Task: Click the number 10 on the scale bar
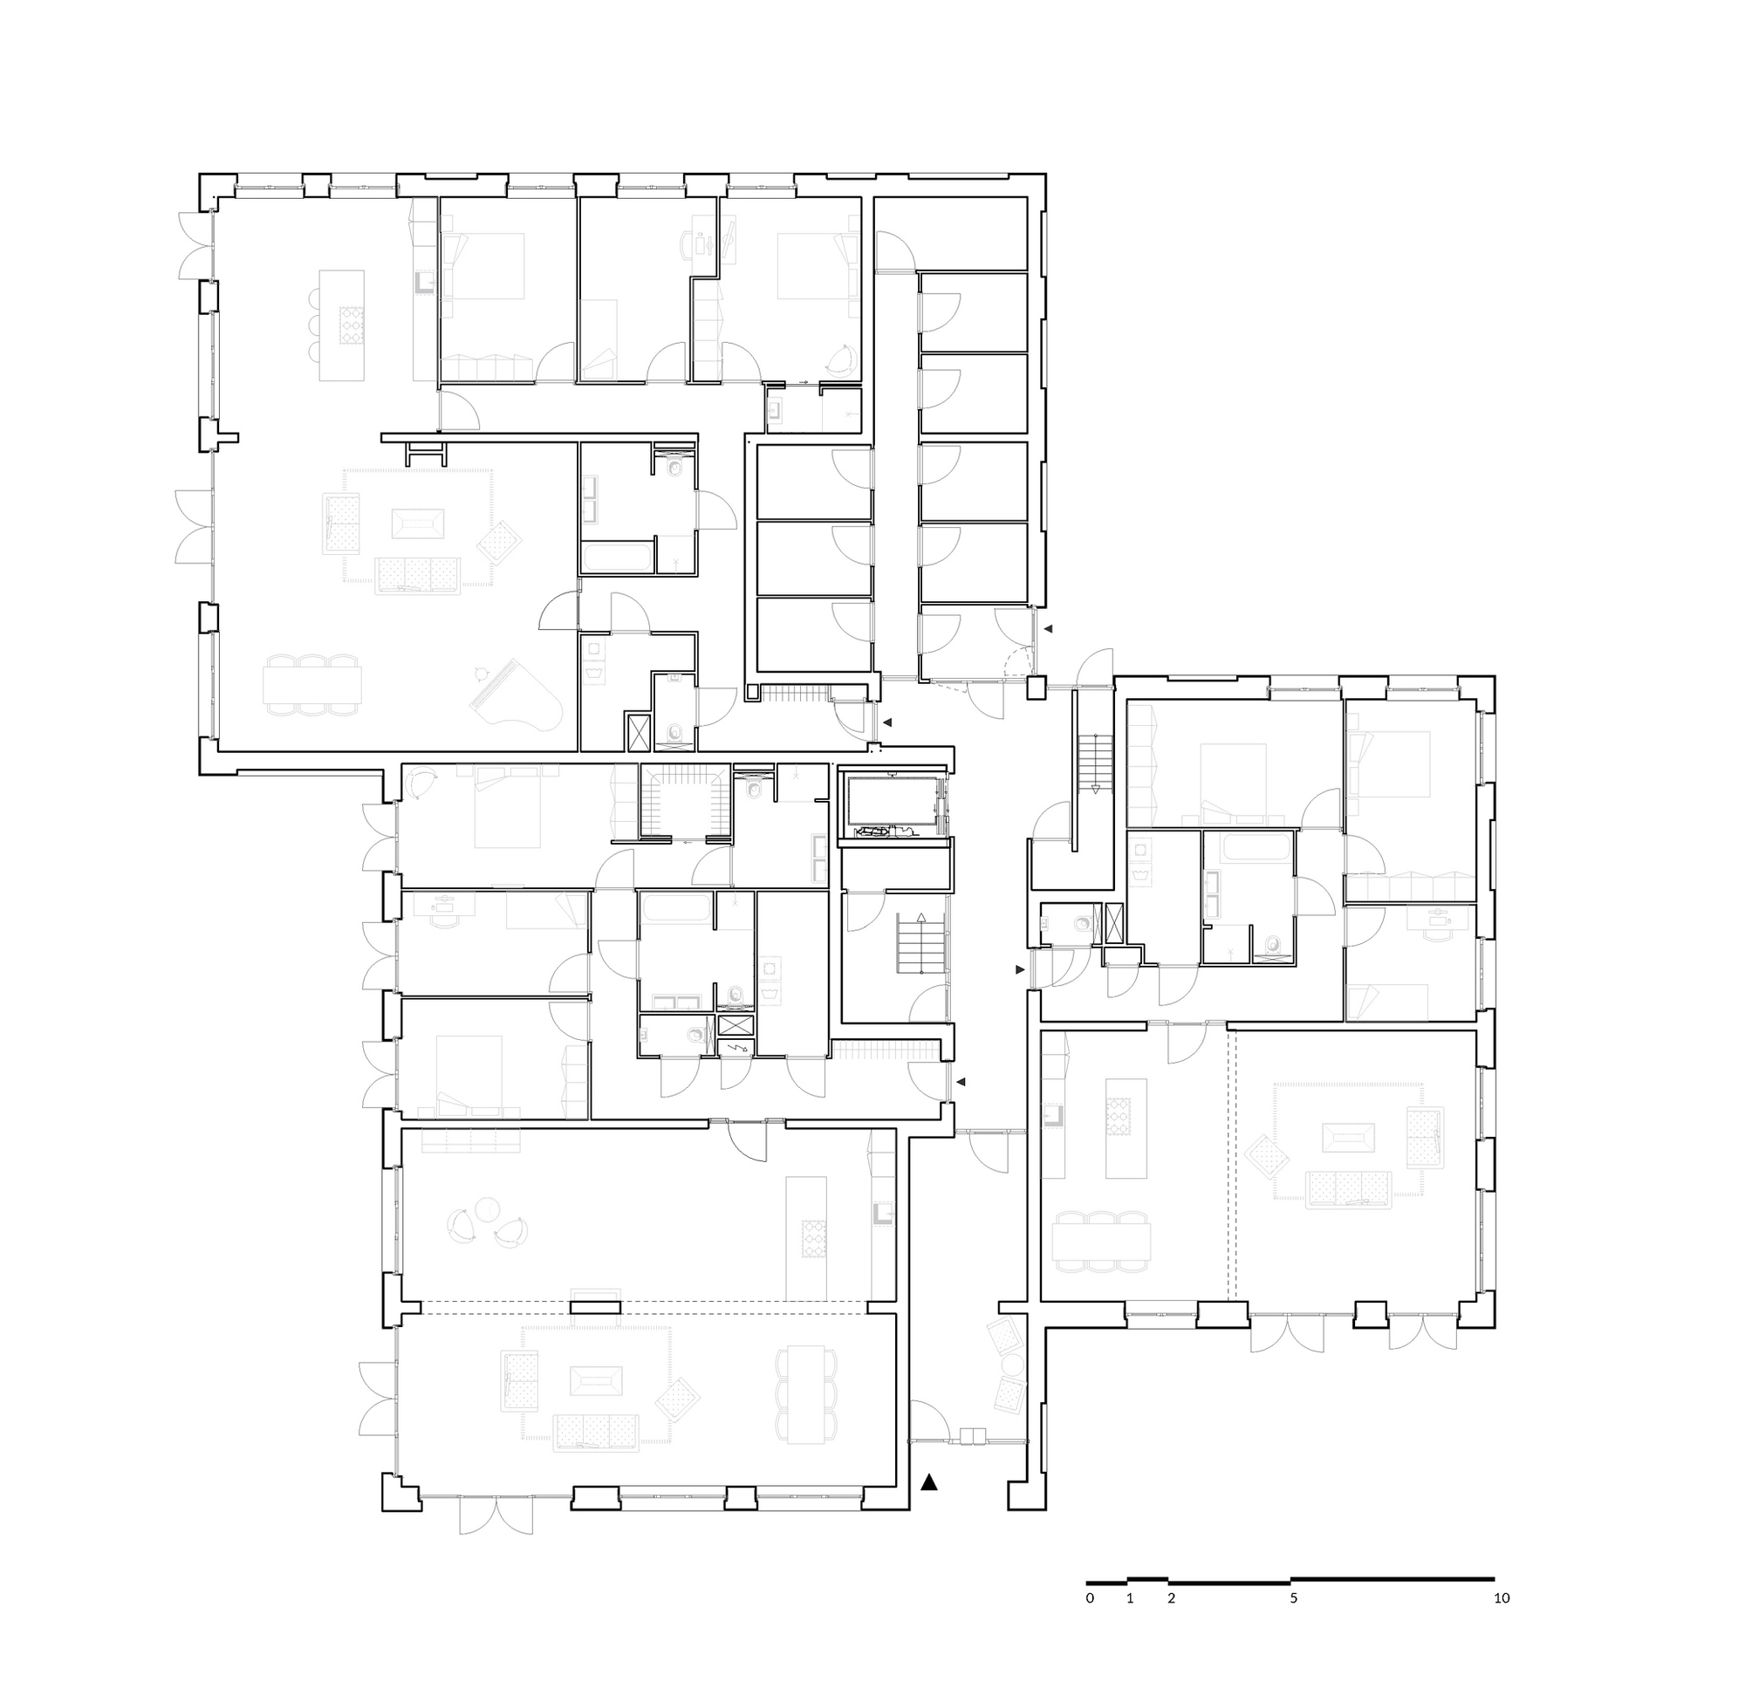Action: pyautogui.click(x=1501, y=1598)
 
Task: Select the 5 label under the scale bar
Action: pyautogui.click(x=1294, y=1598)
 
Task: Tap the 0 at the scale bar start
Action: pyautogui.click(x=1090, y=1598)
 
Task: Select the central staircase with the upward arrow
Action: pyautogui.click(x=920, y=944)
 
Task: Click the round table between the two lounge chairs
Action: pyautogui.click(x=488, y=1211)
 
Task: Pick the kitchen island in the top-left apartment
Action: pyautogui.click(x=343, y=326)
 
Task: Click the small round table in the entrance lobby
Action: pyautogui.click(x=1011, y=1366)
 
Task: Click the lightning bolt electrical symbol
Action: pyautogui.click(x=736, y=1048)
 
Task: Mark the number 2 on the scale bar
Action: pyautogui.click(x=1171, y=1598)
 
